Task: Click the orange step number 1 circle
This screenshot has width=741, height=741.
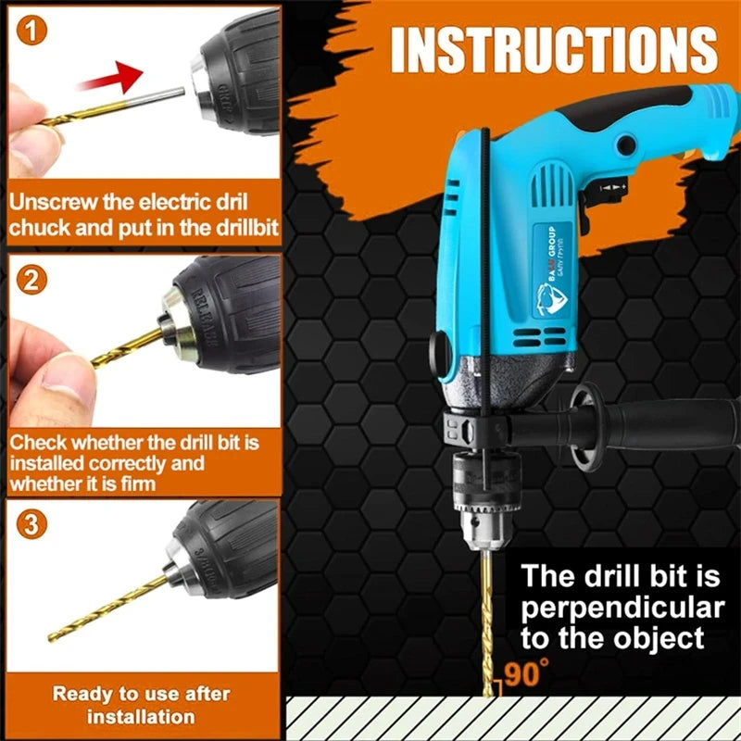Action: click(32, 32)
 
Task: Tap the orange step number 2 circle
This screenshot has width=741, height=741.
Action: click(32, 280)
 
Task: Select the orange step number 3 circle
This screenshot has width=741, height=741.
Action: click(32, 526)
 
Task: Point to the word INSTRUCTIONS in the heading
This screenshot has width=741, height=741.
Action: click(554, 50)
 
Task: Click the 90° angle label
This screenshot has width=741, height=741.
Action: click(525, 672)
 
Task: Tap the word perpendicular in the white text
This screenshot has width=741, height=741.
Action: click(621, 608)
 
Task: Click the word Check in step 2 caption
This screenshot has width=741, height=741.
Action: click(37, 443)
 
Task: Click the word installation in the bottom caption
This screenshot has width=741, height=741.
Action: click(141, 716)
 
